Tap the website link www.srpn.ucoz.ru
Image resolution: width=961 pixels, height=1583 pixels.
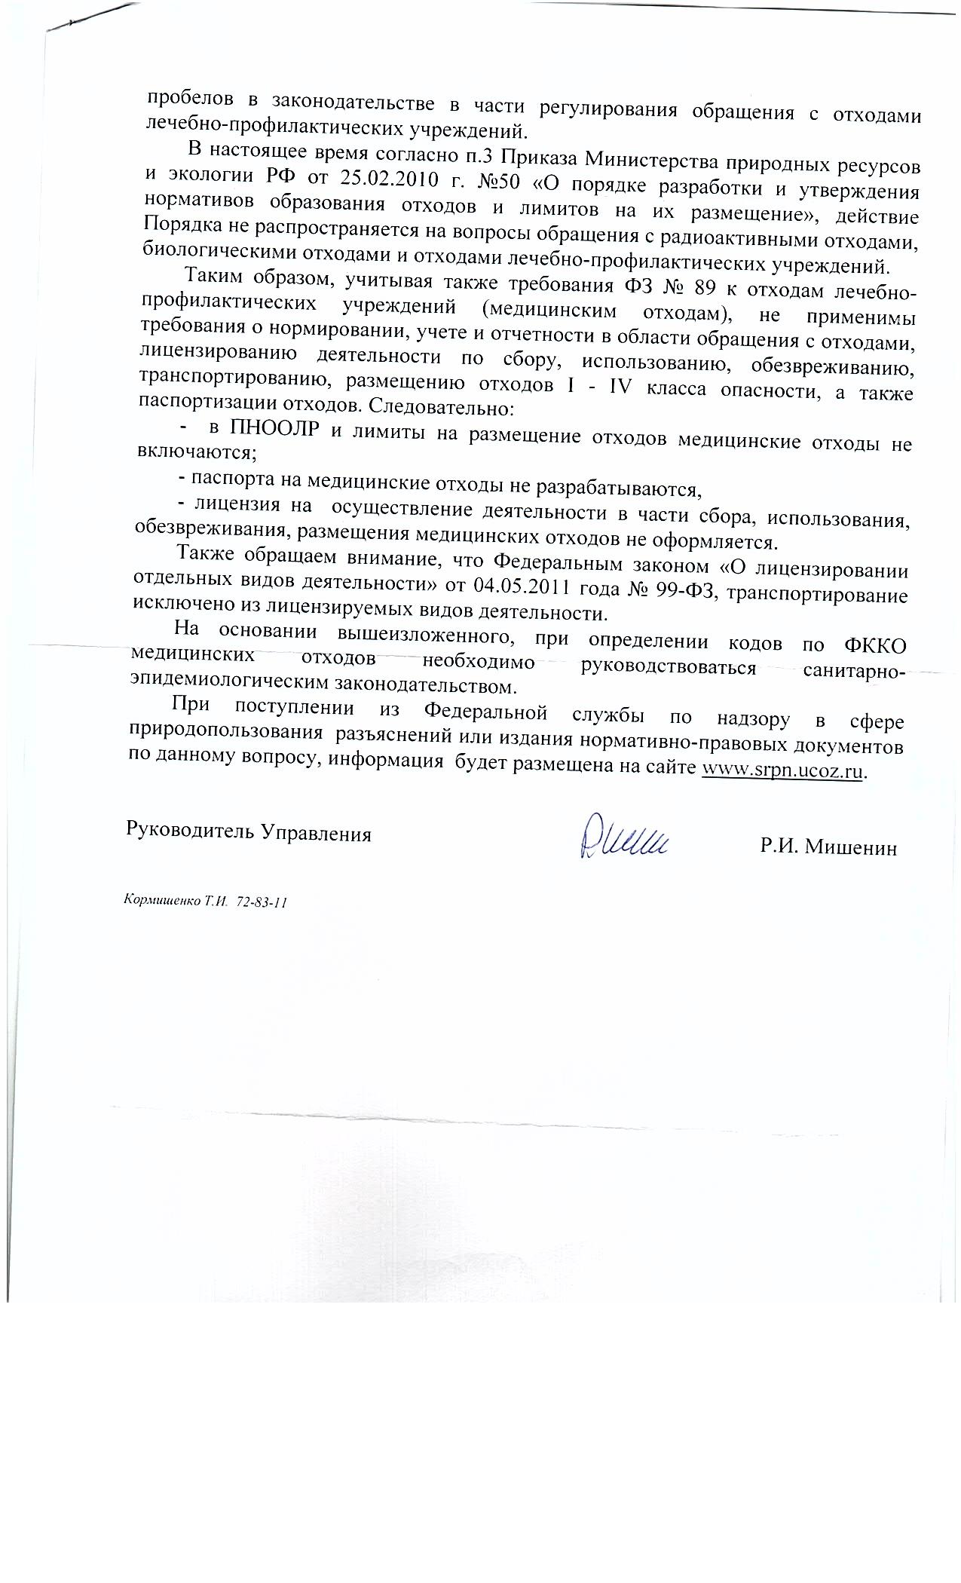pos(782,770)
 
